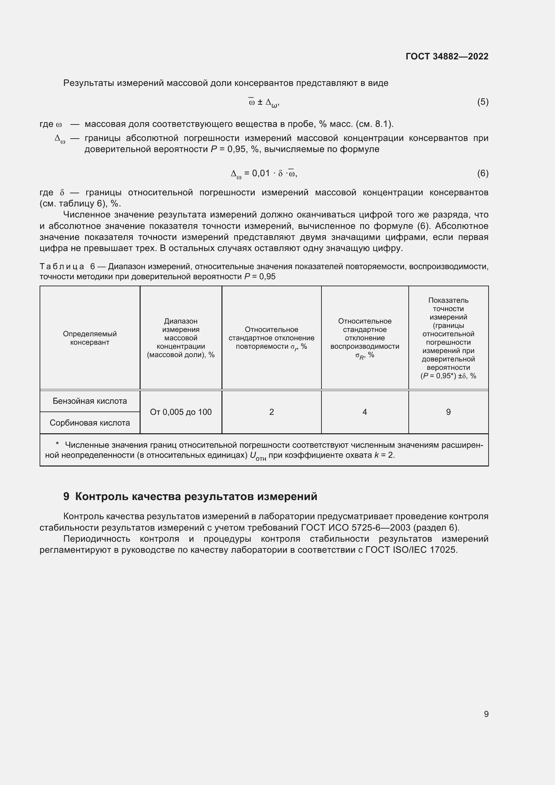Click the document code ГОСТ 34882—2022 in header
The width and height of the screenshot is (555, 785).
[x=447, y=56]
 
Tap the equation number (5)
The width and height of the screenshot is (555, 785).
[x=483, y=102]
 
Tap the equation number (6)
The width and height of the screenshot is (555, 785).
[x=483, y=173]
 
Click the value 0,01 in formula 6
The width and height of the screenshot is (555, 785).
[x=261, y=173]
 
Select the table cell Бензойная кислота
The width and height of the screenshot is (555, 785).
[x=90, y=401]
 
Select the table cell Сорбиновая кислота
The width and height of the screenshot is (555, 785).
[x=90, y=423]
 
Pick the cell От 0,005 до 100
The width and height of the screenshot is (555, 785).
[x=181, y=412]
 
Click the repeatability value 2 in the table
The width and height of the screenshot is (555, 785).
[x=271, y=412]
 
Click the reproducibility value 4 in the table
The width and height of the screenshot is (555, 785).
[x=365, y=412]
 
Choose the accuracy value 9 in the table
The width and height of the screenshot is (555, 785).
[x=448, y=412]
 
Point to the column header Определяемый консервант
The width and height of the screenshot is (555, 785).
[x=90, y=338]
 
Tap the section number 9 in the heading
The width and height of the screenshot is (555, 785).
[x=66, y=496]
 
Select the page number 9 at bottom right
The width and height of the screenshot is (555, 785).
[x=486, y=714]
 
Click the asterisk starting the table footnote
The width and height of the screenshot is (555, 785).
[x=57, y=444]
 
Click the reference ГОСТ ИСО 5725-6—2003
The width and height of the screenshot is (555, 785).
[x=356, y=528]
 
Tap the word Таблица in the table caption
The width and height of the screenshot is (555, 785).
[x=62, y=266]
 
